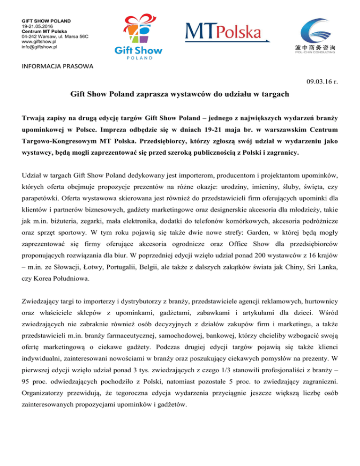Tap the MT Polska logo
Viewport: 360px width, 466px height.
pyautogui.click(x=224, y=33)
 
